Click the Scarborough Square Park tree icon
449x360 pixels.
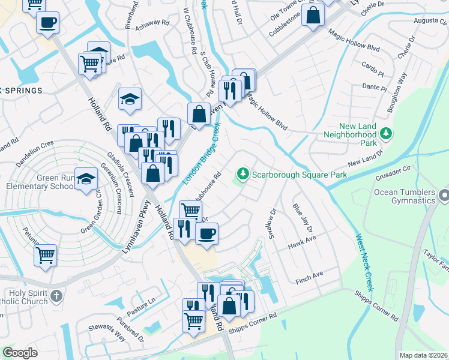coord(243,174)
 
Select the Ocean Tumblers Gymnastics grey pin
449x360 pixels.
coord(444,196)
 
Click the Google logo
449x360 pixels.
coord(20,352)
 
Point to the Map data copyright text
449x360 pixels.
coord(423,355)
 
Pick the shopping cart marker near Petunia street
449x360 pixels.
coord(46,255)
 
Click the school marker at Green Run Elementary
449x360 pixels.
coord(87,178)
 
